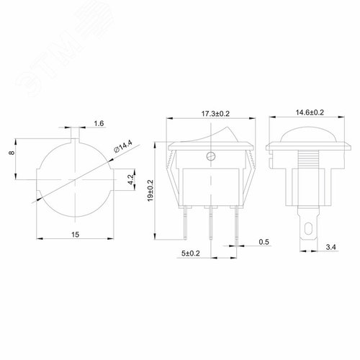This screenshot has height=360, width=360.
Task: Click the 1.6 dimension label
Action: pyautogui.click(x=99, y=125)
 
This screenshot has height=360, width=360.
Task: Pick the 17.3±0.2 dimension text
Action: pyautogui.click(x=210, y=113)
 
